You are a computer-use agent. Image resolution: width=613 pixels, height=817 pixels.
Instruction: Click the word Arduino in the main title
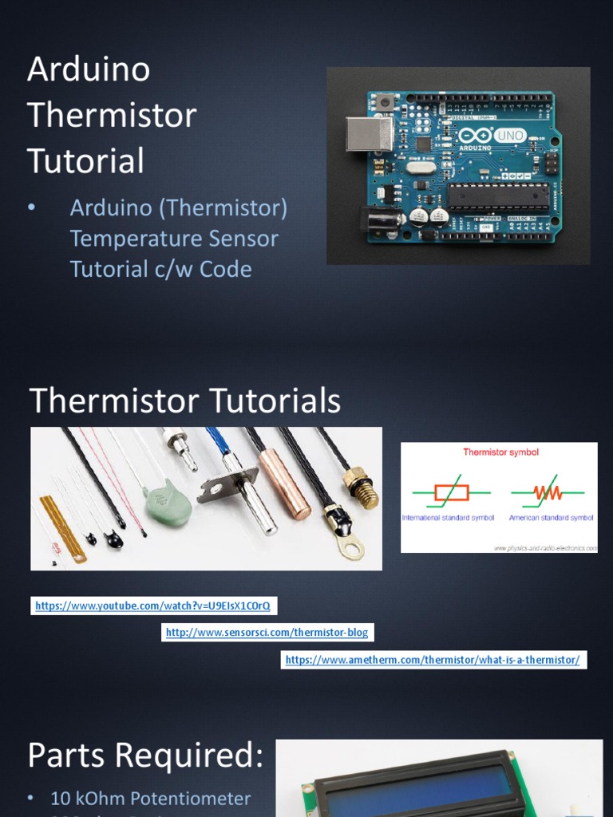point(89,70)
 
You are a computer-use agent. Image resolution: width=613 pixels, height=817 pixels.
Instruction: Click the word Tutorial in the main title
point(85,161)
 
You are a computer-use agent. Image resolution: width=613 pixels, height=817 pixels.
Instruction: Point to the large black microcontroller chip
point(498,195)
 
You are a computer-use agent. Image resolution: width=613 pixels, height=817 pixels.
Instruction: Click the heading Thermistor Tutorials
point(185,401)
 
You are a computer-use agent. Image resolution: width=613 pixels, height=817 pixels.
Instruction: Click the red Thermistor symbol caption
point(500,452)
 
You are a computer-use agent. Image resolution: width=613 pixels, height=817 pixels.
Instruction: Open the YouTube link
point(152,606)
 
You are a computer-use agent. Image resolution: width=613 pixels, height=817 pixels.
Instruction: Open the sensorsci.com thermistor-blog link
point(267,633)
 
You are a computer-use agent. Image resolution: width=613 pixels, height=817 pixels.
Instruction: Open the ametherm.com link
point(432,660)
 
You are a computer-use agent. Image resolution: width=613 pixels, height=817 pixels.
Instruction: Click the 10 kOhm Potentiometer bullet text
point(150,799)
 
